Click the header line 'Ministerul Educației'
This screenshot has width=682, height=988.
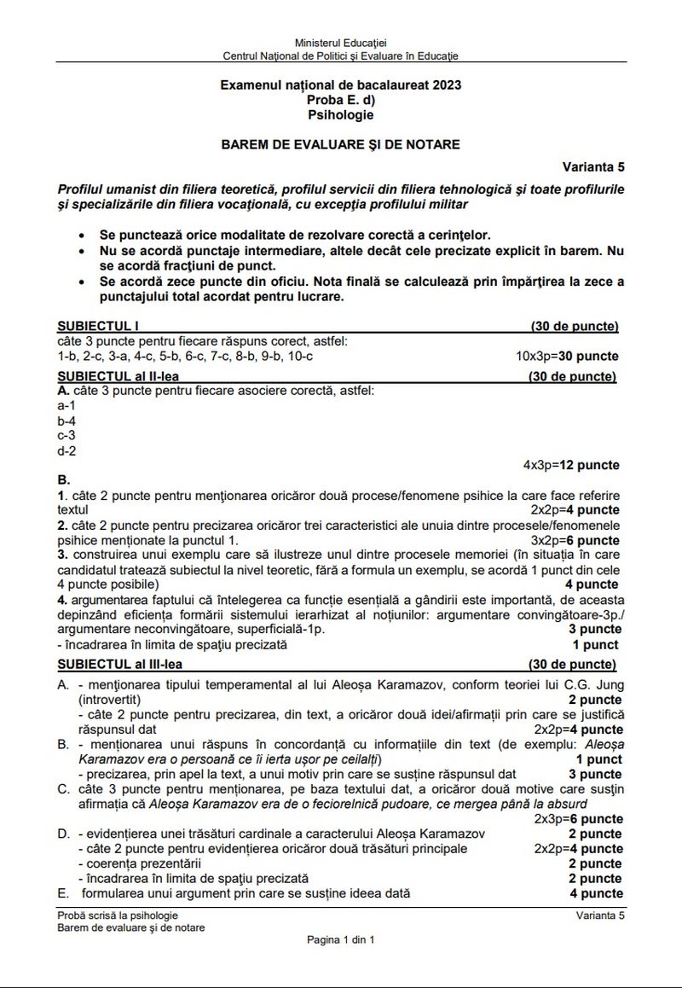click(340, 43)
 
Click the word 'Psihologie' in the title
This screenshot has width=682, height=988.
click(340, 113)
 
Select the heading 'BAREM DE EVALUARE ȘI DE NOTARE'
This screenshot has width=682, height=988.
click(340, 144)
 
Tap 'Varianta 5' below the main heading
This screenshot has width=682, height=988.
click(592, 166)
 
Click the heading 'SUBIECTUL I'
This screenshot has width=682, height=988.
click(97, 326)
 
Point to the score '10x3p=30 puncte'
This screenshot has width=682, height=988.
click(567, 356)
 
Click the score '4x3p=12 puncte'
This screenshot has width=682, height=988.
click(571, 465)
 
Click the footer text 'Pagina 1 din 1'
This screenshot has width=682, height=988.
click(340, 939)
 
